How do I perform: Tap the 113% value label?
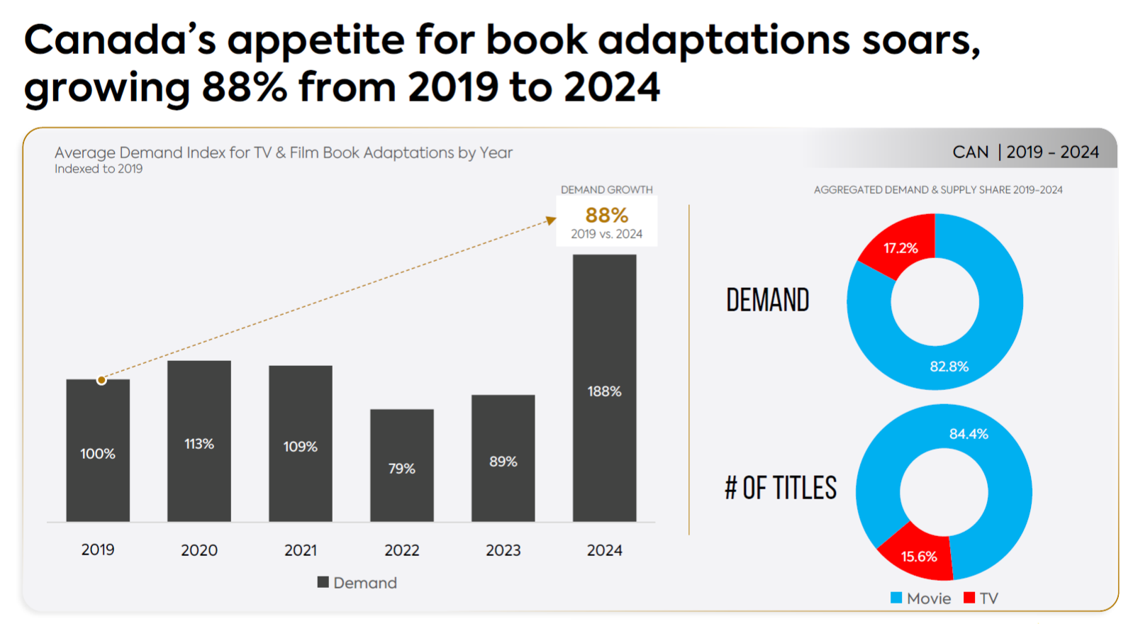[x=199, y=444]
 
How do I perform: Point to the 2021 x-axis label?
[x=301, y=550]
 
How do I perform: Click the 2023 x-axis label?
[x=503, y=550]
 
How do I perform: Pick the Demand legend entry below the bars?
[x=357, y=583]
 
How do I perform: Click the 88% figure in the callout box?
[x=606, y=215]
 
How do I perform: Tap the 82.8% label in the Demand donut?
[x=949, y=367]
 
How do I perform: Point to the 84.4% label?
[x=969, y=434]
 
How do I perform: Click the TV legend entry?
[x=981, y=598]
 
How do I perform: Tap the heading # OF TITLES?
[x=781, y=489]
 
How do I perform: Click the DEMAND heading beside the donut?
[x=767, y=301]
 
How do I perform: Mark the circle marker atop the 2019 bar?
[x=101, y=380]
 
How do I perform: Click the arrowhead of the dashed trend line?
[x=552, y=221]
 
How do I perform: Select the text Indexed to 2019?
[x=99, y=169]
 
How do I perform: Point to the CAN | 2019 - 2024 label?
[x=1025, y=152]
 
